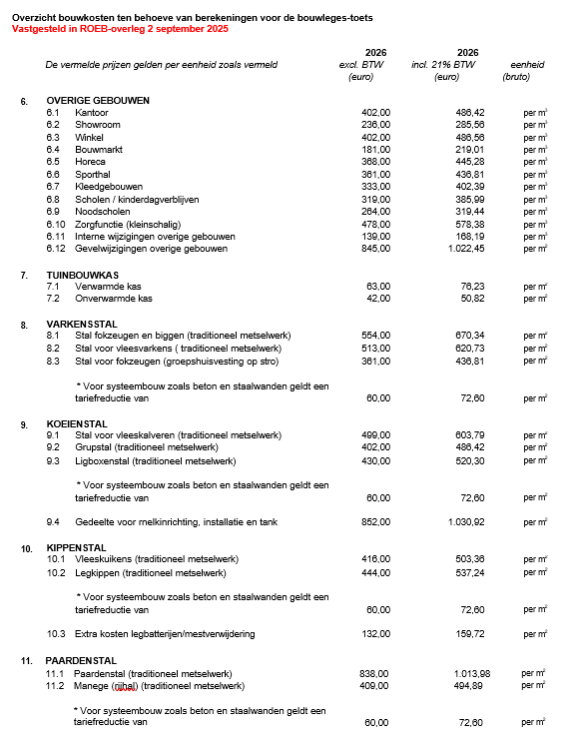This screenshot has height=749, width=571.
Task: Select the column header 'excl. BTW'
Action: (362, 65)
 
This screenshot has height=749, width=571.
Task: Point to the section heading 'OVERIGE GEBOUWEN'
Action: (98, 101)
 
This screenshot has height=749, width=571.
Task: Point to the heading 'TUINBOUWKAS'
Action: (83, 274)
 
